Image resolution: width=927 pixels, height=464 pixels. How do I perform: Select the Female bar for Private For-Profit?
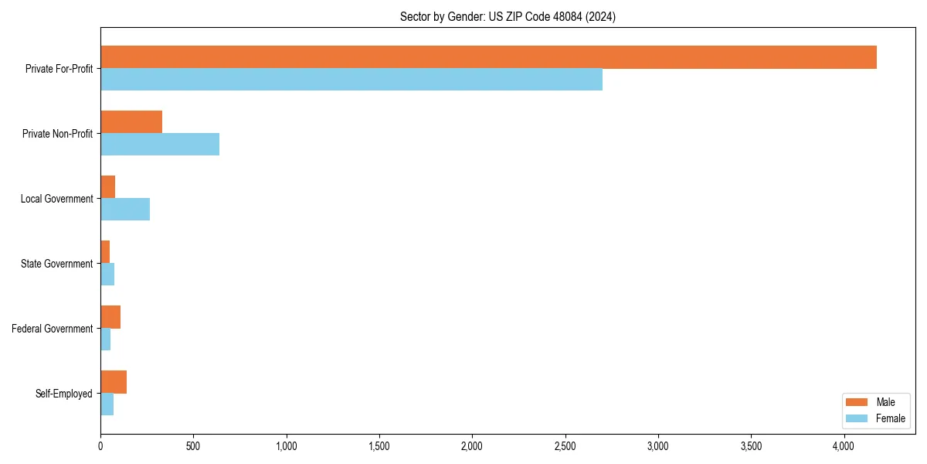tap(351, 80)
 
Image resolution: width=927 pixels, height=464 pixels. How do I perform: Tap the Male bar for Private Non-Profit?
tap(131, 122)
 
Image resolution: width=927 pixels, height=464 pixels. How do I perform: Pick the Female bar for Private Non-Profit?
tap(160, 145)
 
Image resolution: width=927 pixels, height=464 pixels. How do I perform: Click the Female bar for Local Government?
tap(125, 210)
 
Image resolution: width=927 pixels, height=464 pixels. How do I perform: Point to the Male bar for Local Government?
tap(108, 187)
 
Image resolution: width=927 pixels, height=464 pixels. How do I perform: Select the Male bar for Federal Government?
tap(110, 317)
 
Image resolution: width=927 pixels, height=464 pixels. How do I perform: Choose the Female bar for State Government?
tap(107, 275)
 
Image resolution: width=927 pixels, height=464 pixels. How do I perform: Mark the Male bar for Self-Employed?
tap(114, 382)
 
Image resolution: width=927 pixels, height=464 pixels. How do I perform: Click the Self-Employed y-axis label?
tap(64, 394)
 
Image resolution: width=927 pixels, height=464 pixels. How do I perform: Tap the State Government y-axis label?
tap(57, 264)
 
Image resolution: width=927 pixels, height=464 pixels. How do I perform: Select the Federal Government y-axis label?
tap(53, 329)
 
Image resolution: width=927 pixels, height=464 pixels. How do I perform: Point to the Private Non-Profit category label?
tap(57, 134)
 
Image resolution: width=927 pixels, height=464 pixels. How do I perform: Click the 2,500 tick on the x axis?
tap(565, 446)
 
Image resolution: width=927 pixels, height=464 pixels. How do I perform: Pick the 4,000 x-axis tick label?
tap(844, 446)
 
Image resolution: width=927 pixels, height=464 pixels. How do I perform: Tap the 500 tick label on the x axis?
tap(193, 446)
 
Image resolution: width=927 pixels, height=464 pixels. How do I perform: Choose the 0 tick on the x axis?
tap(100, 446)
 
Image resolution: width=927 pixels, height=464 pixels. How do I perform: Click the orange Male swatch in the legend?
tap(857, 402)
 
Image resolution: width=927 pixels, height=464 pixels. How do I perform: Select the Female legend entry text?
tap(891, 418)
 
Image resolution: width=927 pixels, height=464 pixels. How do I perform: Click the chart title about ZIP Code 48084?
tap(508, 16)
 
